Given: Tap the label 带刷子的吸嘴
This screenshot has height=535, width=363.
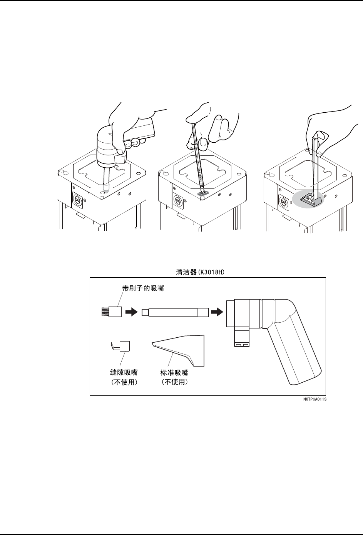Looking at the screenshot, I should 143,288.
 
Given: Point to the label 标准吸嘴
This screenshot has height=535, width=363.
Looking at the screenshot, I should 174,372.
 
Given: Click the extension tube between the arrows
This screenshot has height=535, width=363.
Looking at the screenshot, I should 175,312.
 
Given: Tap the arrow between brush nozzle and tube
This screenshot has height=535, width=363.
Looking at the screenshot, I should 131,312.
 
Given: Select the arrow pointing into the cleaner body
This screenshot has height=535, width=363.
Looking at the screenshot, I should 218,312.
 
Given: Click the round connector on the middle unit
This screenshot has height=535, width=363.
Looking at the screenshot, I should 178,201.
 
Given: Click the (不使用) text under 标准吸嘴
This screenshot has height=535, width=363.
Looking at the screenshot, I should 174,383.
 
